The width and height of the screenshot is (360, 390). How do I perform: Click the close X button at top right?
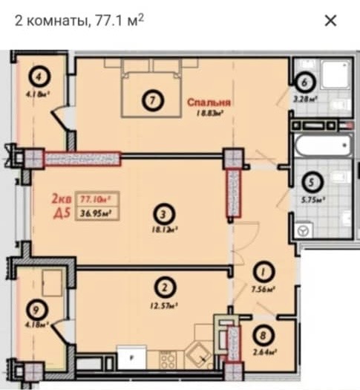(330, 21)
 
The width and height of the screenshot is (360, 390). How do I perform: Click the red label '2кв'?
(61, 199)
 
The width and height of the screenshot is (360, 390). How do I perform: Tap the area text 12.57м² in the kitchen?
(161, 302)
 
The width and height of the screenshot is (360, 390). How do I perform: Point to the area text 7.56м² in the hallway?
(264, 290)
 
